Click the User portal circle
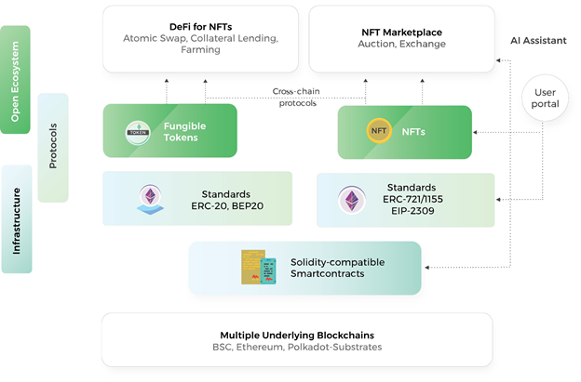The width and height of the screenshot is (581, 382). coord(545,98)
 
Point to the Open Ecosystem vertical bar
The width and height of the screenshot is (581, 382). coord(15,79)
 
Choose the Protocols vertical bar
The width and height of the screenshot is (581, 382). coord(53,147)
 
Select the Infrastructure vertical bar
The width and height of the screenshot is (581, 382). coord(17,219)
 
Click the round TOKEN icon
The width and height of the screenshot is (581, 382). coord(139,131)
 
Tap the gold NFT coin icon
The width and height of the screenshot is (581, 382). coord(379,131)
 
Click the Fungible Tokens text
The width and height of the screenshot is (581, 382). coord(185,131)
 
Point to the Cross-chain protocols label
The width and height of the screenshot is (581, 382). coord(295,97)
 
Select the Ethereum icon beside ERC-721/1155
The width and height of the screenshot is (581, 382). coord(352,200)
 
